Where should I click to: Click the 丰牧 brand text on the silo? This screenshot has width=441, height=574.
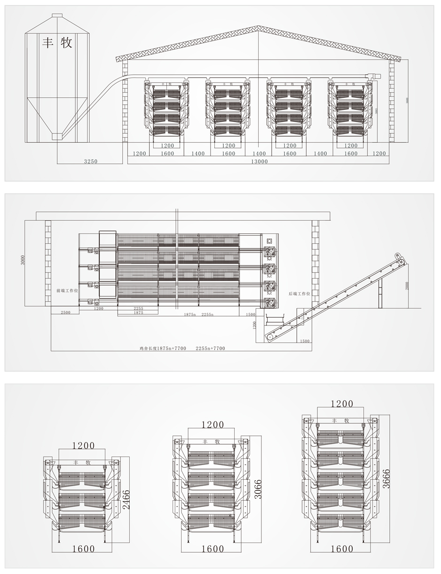point(57,43)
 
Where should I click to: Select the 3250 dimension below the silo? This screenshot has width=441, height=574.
point(90,161)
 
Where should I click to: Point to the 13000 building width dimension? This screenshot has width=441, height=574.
point(259,161)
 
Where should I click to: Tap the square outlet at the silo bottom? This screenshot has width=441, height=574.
point(57,136)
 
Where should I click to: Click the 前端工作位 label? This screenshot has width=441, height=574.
point(67,291)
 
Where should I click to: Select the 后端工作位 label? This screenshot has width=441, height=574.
point(299,294)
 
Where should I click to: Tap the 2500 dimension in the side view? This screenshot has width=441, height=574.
point(65,312)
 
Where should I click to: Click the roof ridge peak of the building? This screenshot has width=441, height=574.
point(258,27)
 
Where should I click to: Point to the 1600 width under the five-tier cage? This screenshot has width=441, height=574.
point(341,549)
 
